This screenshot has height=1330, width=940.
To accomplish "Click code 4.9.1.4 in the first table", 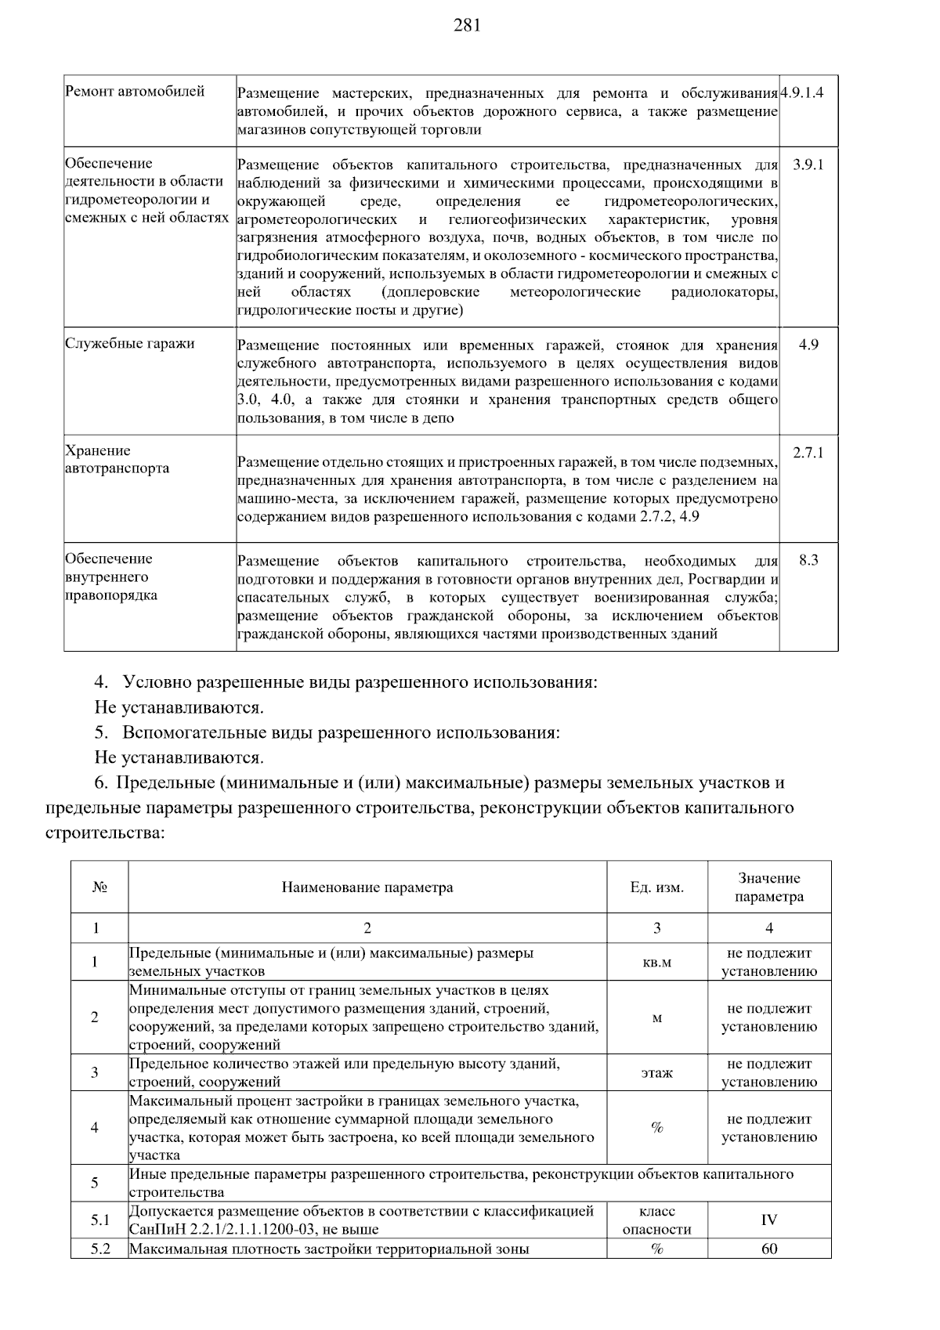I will [808, 92].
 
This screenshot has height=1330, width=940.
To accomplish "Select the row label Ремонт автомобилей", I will [135, 92].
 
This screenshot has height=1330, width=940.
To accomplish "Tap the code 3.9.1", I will [808, 165].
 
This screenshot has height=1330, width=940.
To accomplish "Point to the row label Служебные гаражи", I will [130, 344].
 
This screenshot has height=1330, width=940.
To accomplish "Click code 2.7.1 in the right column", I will [808, 453].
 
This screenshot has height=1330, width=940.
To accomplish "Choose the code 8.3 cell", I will [808, 561].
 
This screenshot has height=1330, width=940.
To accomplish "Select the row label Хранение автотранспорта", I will [117, 460].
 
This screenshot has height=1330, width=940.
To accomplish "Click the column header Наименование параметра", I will [367, 887].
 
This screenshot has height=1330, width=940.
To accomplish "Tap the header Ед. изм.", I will [656, 887].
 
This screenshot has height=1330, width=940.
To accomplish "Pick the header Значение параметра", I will [768, 887].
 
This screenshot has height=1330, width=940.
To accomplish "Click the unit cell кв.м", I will [656, 962].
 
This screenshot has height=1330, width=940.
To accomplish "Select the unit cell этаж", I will [656, 1072].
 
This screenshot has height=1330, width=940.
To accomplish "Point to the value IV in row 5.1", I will [768, 1220].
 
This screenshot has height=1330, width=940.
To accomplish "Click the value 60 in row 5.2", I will [768, 1249].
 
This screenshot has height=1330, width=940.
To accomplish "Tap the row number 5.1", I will [99, 1220].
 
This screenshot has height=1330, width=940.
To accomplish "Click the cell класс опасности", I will [656, 1220].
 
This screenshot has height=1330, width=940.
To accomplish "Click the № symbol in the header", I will [99, 887].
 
